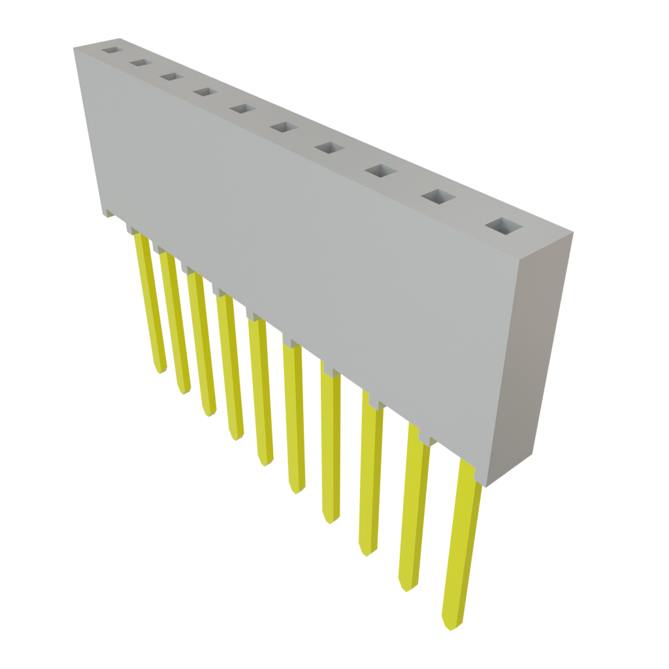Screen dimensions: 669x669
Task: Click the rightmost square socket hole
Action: [x=504, y=226]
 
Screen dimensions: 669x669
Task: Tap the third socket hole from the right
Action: [x=382, y=171]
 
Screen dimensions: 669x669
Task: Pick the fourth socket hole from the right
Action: [x=329, y=148]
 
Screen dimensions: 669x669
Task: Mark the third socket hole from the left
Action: [x=171, y=76]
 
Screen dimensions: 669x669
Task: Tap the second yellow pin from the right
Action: [x=414, y=510]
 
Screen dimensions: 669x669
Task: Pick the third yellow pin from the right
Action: [x=370, y=477]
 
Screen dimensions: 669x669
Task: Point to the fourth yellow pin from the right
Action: [x=331, y=444]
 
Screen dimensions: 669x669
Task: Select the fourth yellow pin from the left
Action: [x=231, y=369]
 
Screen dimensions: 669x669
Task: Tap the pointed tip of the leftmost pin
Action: [x=160, y=371]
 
